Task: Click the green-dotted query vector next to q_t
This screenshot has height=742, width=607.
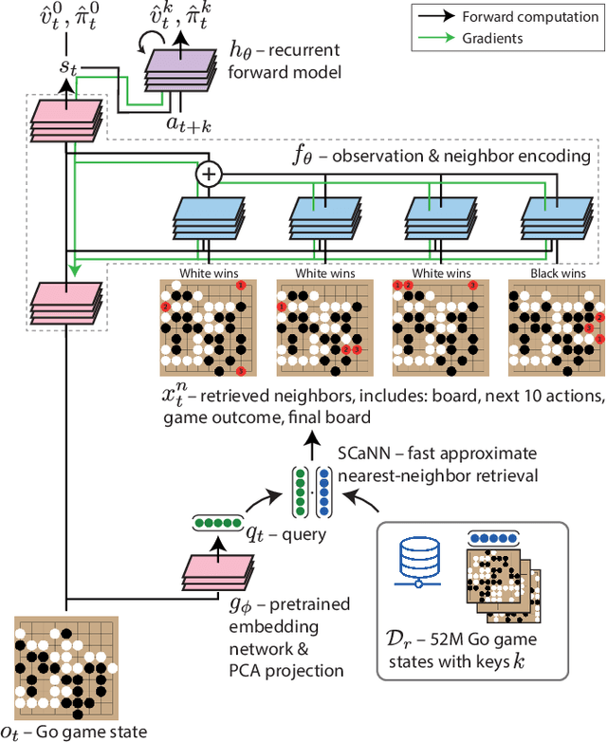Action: (216, 521)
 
